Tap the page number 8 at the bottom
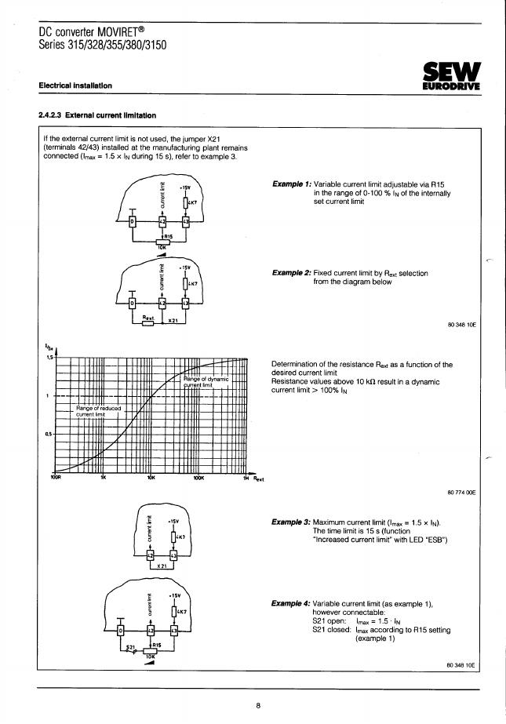(x=257, y=705)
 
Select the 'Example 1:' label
(x=290, y=184)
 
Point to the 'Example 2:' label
(x=290, y=273)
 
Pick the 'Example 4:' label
(x=290, y=603)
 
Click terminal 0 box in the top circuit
(x=132, y=221)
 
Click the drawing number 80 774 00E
(x=461, y=492)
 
